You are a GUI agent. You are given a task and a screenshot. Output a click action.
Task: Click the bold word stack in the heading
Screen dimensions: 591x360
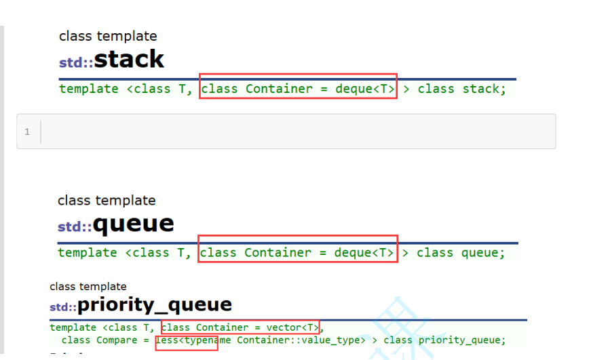pyautogui.click(x=129, y=60)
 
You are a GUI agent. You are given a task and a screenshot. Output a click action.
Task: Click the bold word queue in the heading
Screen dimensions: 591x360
pyautogui.click(x=134, y=224)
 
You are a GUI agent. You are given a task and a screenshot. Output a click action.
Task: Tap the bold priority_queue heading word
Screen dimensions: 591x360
pyautogui.click(x=155, y=305)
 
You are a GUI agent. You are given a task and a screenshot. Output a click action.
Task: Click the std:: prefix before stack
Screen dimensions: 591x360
pyautogui.click(x=75, y=63)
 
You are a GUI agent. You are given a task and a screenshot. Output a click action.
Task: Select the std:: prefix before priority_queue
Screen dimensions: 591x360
pyautogui.click(x=63, y=307)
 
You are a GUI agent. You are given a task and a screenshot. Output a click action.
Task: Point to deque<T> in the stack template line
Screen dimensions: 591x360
pyautogui.click(x=365, y=89)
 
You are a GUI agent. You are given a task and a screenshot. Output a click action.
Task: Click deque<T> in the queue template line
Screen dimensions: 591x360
pyautogui.click(x=364, y=253)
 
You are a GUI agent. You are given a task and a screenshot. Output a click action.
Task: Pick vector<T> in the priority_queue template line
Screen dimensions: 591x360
pyautogui.click(x=292, y=328)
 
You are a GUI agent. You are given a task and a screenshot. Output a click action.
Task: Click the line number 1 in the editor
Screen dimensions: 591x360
pyautogui.click(x=27, y=132)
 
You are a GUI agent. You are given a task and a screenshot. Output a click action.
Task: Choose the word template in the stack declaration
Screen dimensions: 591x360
pyautogui.click(x=88, y=89)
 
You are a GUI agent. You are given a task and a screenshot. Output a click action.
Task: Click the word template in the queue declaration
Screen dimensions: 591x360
pyautogui.click(x=87, y=253)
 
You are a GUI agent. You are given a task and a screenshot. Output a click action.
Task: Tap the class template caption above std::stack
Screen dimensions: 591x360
pyautogui.click(x=108, y=36)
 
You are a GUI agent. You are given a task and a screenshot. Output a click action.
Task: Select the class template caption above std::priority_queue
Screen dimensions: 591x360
pyautogui.click(x=88, y=287)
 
